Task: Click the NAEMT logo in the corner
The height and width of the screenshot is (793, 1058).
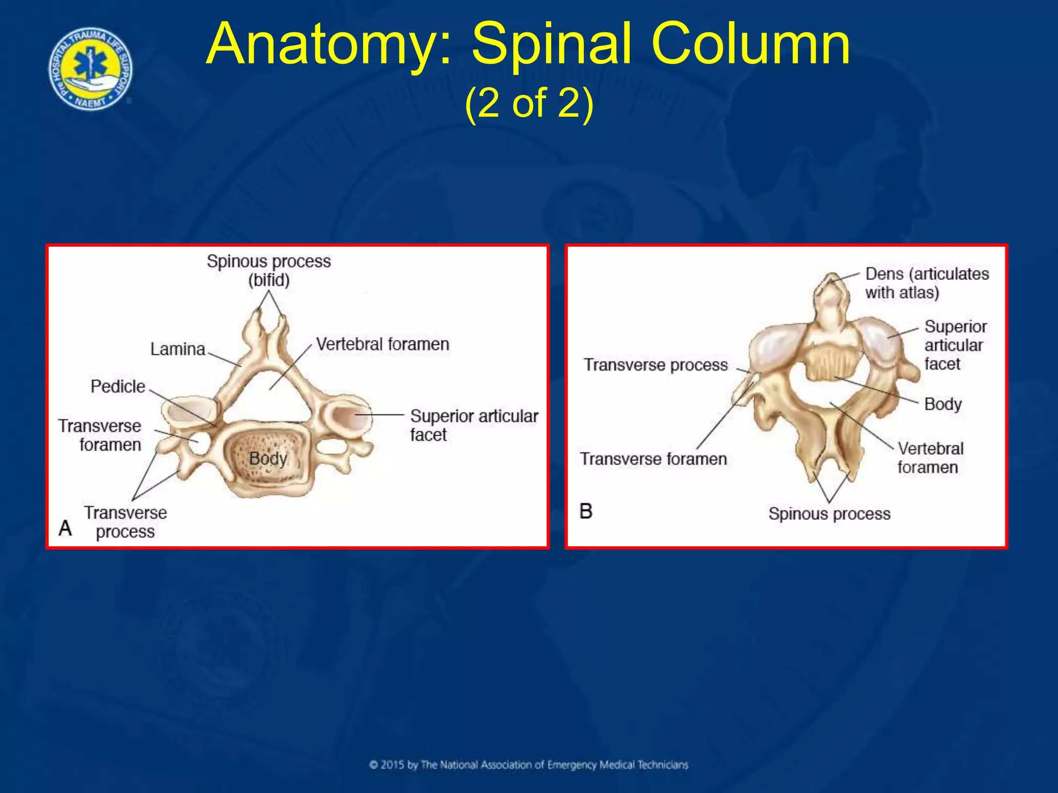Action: point(90,69)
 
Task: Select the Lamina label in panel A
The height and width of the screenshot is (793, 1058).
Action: point(177,350)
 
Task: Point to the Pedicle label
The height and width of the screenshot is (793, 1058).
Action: point(118,387)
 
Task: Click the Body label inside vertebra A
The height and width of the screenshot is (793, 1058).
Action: point(268,458)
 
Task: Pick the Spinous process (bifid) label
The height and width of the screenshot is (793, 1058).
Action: point(269,271)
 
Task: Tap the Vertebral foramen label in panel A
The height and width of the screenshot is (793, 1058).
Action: point(382,344)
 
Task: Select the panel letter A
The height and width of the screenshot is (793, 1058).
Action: point(65,528)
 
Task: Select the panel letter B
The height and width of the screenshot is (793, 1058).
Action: point(586,511)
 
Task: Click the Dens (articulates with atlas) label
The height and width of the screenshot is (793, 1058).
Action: point(927,283)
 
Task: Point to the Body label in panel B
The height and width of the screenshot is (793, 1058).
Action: point(943,404)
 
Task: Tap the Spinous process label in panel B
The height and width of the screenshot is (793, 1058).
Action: point(829,514)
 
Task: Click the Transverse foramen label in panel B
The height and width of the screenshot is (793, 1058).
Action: point(653,459)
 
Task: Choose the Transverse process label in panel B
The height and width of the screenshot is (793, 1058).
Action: point(656,365)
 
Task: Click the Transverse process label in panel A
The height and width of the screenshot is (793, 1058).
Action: point(126,522)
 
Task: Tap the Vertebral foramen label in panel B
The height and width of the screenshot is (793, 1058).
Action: point(930,458)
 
